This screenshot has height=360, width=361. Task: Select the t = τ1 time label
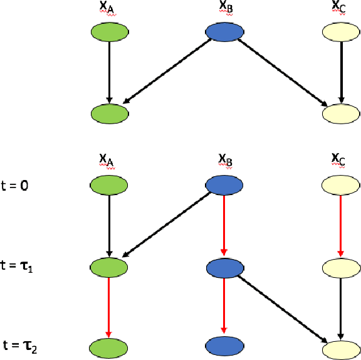pyautogui.click(x=19, y=266)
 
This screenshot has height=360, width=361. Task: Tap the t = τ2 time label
pyautogui.click(x=21, y=345)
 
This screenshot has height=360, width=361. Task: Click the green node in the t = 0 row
pyautogui.click(x=110, y=186)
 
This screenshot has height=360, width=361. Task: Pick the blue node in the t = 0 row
pyautogui.click(x=224, y=186)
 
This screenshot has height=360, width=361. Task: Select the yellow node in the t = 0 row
pyautogui.click(x=340, y=186)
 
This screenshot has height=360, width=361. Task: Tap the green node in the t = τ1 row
pyautogui.click(x=110, y=267)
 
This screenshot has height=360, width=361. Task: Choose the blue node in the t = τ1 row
pyautogui.click(x=224, y=267)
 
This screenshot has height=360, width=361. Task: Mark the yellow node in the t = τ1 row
pyautogui.click(x=340, y=267)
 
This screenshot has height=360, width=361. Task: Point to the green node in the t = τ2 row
pyautogui.click(x=110, y=346)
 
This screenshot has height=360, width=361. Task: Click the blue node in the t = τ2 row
pyautogui.click(x=224, y=346)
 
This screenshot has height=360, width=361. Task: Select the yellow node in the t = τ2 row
pyautogui.click(x=340, y=346)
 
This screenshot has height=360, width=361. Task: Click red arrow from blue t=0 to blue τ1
pyautogui.click(x=224, y=226)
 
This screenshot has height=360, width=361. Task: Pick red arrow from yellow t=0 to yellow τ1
pyautogui.click(x=340, y=226)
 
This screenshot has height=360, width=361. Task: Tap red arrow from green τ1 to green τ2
pyautogui.click(x=110, y=307)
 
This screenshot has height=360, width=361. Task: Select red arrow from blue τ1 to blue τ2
pyautogui.click(x=224, y=307)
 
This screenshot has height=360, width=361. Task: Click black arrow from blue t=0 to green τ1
pyautogui.click(x=166, y=226)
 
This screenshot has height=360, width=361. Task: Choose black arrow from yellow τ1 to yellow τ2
pyautogui.click(x=340, y=307)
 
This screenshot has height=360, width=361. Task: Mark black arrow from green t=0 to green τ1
pyautogui.click(x=110, y=226)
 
